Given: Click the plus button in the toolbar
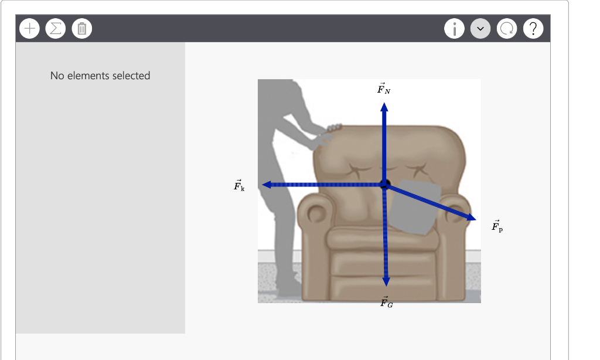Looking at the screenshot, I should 29,28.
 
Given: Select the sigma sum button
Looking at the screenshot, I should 56,28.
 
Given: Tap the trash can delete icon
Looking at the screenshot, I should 81,28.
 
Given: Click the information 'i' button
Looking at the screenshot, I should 455,28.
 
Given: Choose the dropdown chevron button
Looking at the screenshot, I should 480,28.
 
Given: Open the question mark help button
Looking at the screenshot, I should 533,28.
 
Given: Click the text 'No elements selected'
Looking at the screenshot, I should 100,76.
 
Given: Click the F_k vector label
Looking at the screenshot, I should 239,186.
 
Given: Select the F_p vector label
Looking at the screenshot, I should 497,227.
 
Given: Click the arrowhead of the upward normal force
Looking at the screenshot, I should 384,107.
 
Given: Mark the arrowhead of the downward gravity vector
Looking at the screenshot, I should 386,281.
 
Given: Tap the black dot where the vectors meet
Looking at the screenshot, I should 385,184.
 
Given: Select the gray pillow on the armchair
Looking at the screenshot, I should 415,208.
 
